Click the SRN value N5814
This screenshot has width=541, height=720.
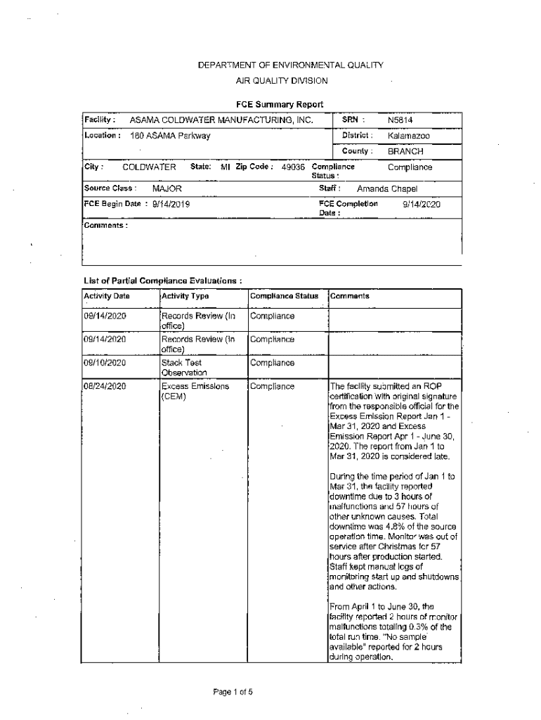(x=400, y=120)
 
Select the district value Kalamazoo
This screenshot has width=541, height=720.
(x=409, y=135)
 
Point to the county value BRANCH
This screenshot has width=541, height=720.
(x=405, y=151)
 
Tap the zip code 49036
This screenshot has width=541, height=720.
(x=293, y=167)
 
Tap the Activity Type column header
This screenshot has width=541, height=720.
(x=185, y=297)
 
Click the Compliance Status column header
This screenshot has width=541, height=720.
(x=284, y=297)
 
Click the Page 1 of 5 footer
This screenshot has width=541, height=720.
(x=233, y=691)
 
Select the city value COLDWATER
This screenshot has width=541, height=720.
(x=149, y=167)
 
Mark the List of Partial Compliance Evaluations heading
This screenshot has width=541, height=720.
(x=162, y=280)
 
